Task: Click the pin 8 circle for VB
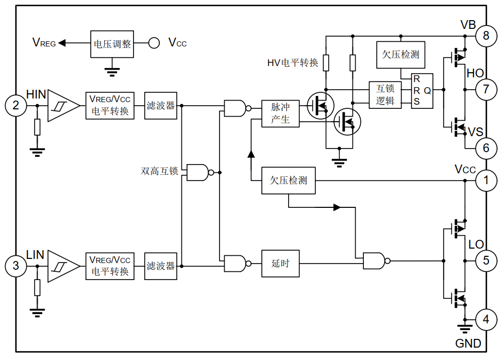click(x=485, y=36)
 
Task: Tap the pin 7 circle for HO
click(x=485, y=89)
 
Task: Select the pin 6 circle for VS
click(x=485, y=148)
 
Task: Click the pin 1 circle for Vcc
click(x=485, y=181)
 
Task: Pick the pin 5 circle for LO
click(x=485, y=260)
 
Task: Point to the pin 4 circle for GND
click(x=485, y=319)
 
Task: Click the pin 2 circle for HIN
click(x=16, y=106)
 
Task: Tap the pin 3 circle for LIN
click(x=16, y=266)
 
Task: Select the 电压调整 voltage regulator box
click(x=112, y=43)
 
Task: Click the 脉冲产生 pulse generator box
click(x=280, y=113)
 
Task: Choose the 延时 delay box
click(x=280, y=264)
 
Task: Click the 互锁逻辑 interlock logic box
click(x=385, y=95)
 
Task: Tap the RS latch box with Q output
click(x=422, y=91)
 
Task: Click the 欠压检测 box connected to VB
click(x=400, y=55)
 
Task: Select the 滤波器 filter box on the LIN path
click(x=160, y=266)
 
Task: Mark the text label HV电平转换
click(x=292, y=63)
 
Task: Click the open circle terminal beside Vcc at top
click(x=154, y=43)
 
